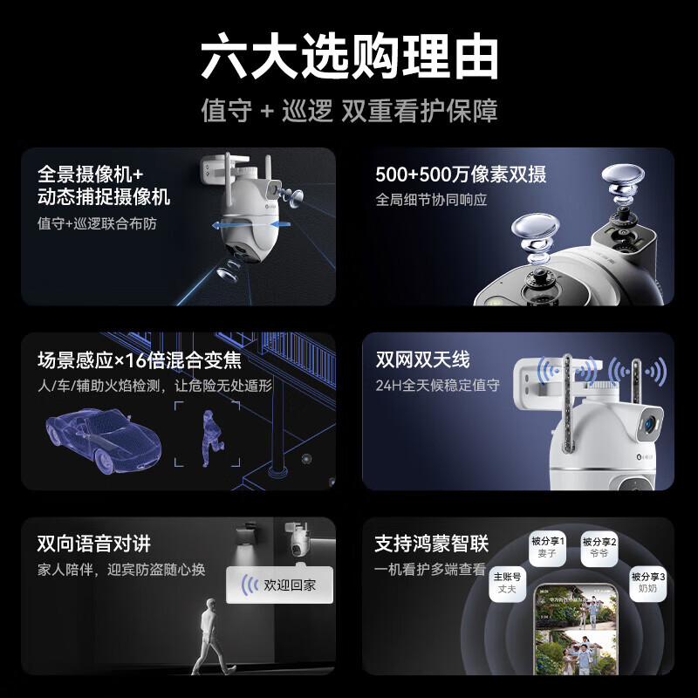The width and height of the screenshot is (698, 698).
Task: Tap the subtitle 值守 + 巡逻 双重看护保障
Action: [x=349, y=112]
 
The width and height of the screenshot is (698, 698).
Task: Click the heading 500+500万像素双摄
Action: [x=461, y=174]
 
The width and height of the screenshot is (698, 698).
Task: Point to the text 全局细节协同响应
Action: [x=431, y=200]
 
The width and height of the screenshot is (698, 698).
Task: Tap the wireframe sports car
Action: [x=103, y=438]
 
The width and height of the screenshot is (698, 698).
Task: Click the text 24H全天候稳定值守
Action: [x=437, y=385]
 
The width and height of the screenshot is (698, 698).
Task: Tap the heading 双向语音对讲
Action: [x=94, y=544]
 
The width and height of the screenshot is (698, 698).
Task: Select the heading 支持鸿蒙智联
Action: [x=432, y=544]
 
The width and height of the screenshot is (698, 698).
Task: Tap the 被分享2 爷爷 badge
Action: [x=599, y=547]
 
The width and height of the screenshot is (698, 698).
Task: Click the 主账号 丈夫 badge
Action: [x=507, y=583]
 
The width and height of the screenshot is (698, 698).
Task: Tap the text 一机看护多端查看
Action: [x=430, y=569]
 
